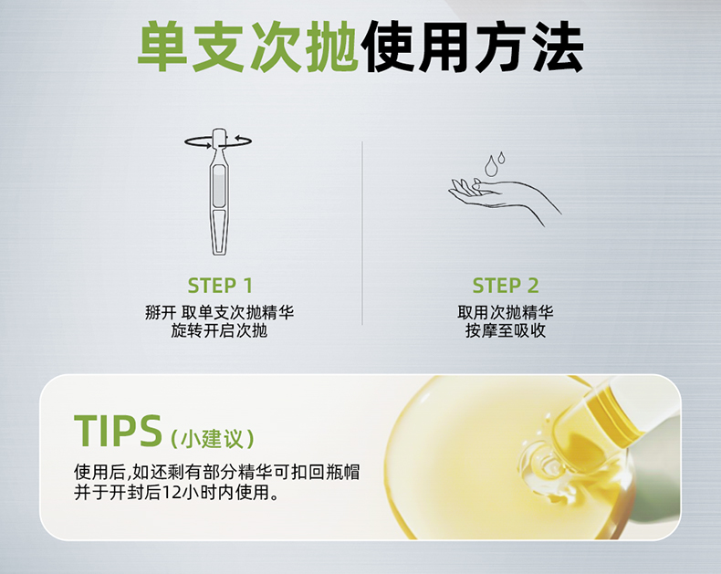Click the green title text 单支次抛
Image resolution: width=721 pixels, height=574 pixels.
[248, 47]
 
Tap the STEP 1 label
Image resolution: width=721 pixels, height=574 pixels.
[220, 286]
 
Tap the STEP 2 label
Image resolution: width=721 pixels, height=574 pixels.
[506, 286]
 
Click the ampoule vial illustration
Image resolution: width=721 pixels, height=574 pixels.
[218, 192]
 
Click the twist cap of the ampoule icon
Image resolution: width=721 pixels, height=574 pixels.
[219, 137]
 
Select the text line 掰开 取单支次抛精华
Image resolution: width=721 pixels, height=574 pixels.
[219, 313]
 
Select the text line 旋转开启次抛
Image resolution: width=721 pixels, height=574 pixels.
[219, 330]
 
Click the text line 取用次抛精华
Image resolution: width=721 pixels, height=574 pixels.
[506, 313]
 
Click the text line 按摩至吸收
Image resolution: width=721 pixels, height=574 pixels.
[506, 330]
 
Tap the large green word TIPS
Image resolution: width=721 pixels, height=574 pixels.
[118, 431]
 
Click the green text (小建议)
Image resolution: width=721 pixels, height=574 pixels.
[212, 439]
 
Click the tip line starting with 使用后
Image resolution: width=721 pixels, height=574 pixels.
[216, 473]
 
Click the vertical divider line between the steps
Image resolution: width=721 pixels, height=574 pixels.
[362, 234]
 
